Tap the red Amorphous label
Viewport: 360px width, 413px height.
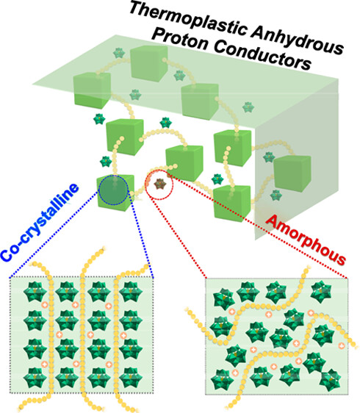306,239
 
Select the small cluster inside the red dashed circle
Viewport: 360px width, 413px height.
159,184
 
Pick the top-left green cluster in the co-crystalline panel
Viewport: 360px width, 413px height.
35,292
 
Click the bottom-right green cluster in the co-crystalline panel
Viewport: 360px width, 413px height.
131,378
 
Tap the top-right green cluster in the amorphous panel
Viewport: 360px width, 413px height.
321,291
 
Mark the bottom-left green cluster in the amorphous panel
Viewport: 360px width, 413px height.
222,380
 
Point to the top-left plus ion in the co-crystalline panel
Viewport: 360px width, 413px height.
45,305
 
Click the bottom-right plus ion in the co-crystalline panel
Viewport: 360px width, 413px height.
109,364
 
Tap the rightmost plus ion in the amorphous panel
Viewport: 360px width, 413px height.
342,345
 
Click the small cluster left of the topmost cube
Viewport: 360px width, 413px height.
119,53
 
